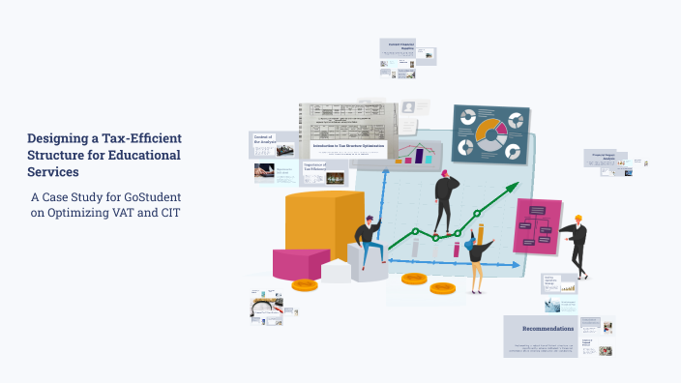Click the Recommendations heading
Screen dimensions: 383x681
coord(541,330)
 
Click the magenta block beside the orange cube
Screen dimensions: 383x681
coord(301,264)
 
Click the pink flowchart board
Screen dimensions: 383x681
coord(537,227)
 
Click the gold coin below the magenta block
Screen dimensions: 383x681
coord(305,285)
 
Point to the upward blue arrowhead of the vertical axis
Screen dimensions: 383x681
coord(387,170)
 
